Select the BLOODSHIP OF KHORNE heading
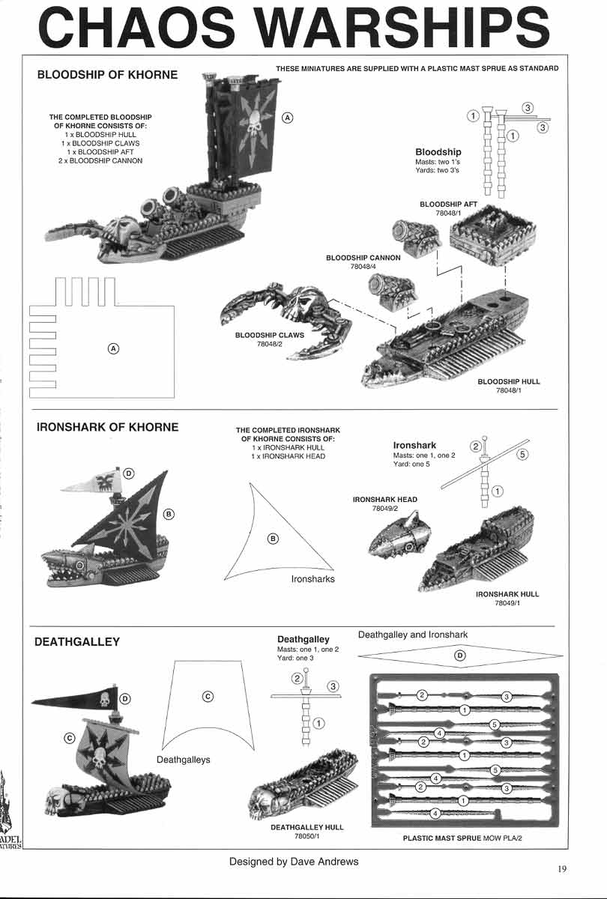pyautogui.click(x=107, y=75)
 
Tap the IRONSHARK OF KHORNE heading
pyautogui.click(x=107, y=427)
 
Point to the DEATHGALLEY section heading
pyautogui.click(x=77, y=642)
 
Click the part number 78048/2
pyautogui.click(x=269, y=344)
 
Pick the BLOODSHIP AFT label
pyautogui.click(x=447, y=204)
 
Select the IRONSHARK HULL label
pyautogui.click(x=507, y=594)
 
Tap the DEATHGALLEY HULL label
pyautogui.click(x=307, y=827)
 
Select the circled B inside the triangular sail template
pyautogui.click(x=274, y=538)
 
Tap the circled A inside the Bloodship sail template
pyautogui.click(x=113, y=348)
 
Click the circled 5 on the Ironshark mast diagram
pyautogui.click(x=523, y=454)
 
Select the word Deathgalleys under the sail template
pyautogui.click(x=183, y=760)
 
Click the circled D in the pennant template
pyautogui.click(x=460, y=655)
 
